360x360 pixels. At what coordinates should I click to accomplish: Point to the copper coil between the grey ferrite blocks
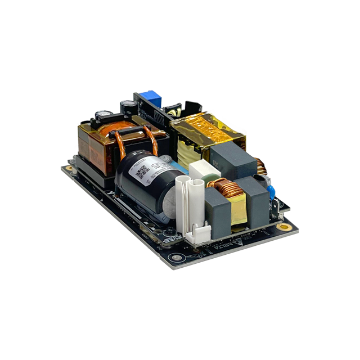[x=225, y=187]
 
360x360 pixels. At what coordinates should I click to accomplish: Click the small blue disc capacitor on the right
[x=271, y=192]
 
